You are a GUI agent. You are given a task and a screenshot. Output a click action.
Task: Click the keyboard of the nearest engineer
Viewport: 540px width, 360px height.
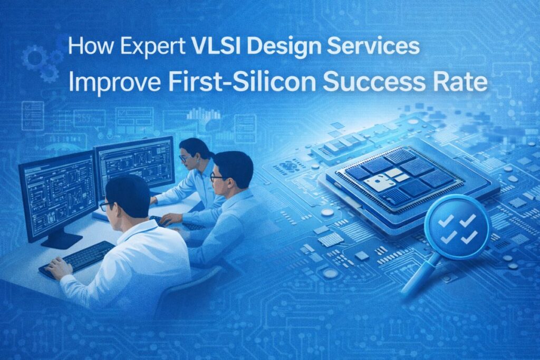(x=77, y=259)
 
